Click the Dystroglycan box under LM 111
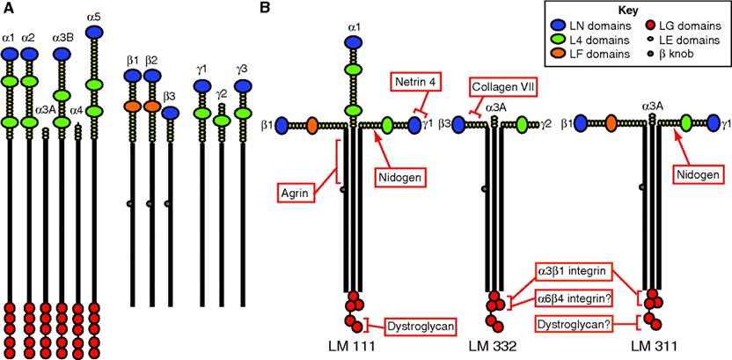point(421,327)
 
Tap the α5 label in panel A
point(95,16)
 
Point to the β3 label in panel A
point(170,96)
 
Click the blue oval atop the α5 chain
point(95,33)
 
